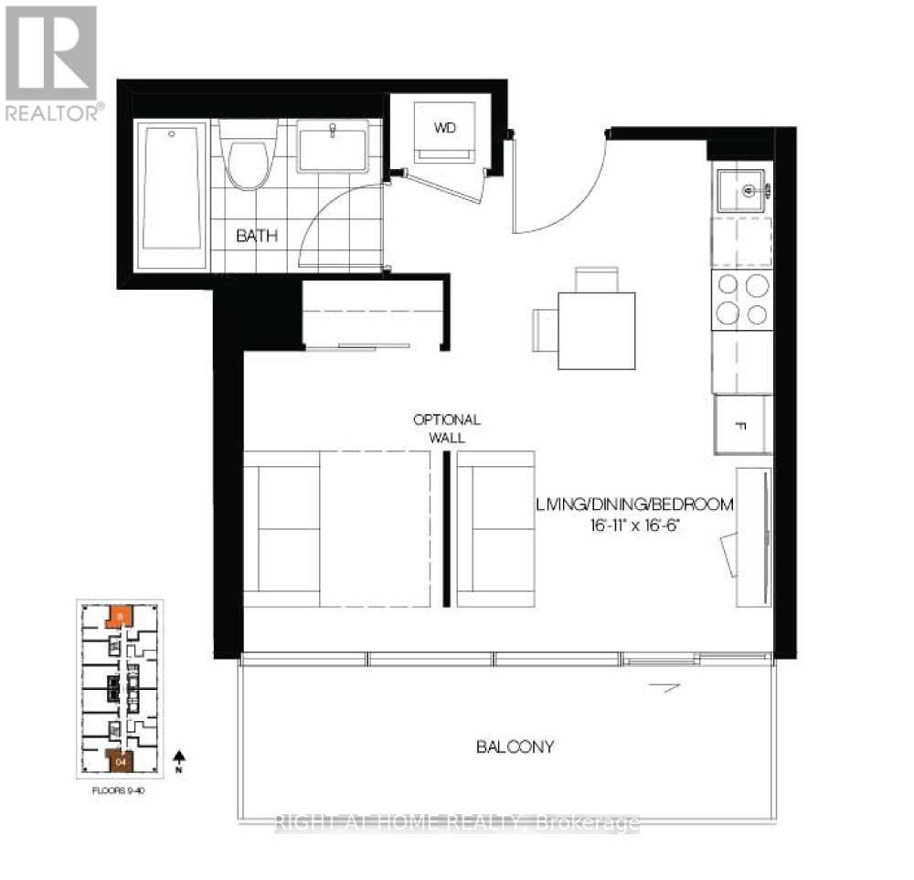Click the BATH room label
click(257, 236)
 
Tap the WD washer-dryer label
click(445, 128)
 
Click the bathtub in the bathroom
click(172, 196)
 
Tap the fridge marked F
click(741, 425)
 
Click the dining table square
click(596, 331)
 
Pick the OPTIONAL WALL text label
click(447, 428)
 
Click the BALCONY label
click(515, 747)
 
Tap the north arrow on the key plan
click(181, 758)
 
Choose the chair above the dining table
click(596, 279)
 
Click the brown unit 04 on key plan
click(120, 758)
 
